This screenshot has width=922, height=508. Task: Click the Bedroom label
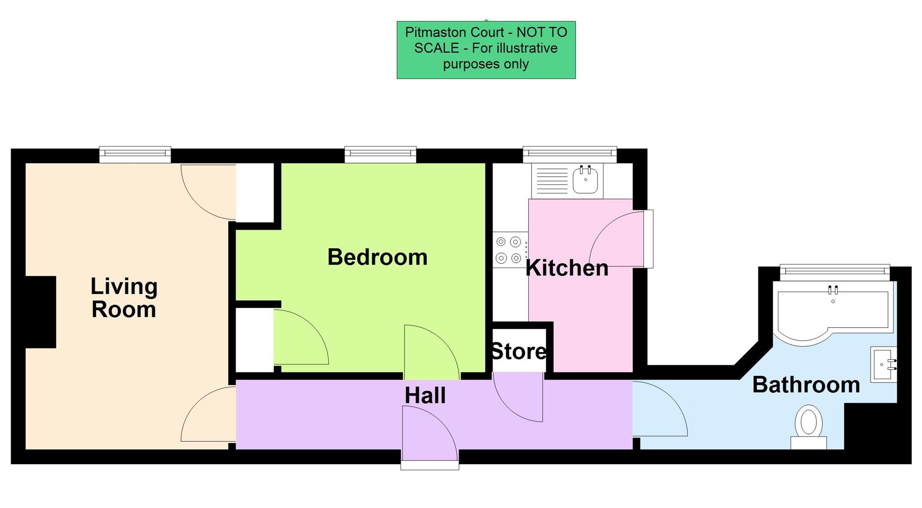pyautogui.click(x=377, y=257)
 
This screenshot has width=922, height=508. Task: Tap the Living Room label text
pyautogui.click(x=124, y=298)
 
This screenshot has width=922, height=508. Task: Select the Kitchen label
pyautogui.click(x=567, y=268)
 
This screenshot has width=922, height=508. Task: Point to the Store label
pyautogui.click(x=519, y=351)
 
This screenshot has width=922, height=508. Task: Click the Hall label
pyautogui.click(x=425, y=396)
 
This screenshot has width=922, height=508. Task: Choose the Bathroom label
pyautogui.click(x=806, y=385)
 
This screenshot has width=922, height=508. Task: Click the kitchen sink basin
pyautogui.click(x=585, y=181)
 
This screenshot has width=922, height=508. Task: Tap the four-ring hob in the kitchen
pyautogui.click(x=509, y=250)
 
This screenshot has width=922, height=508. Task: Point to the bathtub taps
pyautogui.click(x=833, y=290)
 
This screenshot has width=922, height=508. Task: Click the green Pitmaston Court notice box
pyautogui.click(x=486, y=49)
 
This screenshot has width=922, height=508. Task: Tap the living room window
pyautogui.click(x=135, y=154)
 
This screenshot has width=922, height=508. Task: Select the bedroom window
pyautogui.click(x=380, y=154)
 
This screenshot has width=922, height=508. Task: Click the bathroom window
pyautogui.click(x=835, y=272)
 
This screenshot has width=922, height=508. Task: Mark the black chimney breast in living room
pyautogui.click(x=41, y=312)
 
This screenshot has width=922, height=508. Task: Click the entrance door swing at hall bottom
pyautogui.click(x=429, y=435)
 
